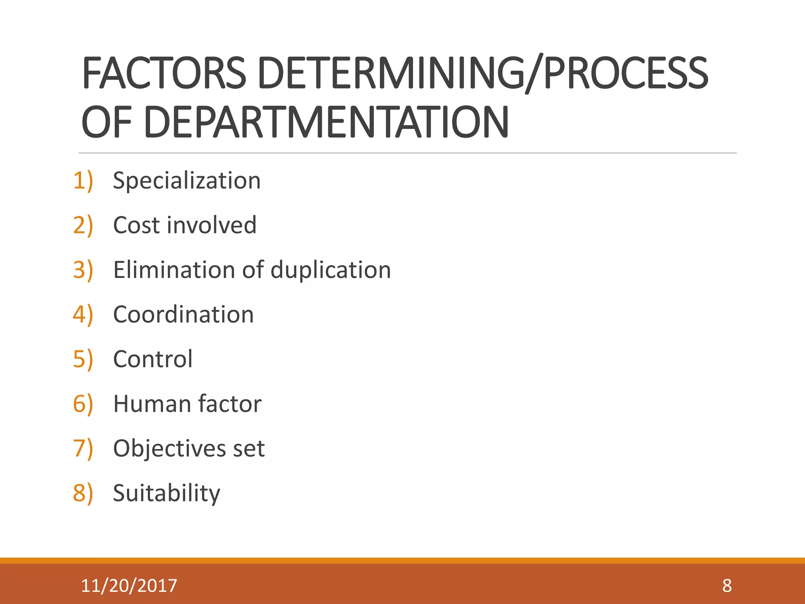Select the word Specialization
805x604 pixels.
(187, 181)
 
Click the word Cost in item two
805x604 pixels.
(136, 225)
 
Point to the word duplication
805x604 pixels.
(331, 270)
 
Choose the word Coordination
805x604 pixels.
(184, 315)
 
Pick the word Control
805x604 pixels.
(153, 359)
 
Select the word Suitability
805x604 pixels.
(167, 494)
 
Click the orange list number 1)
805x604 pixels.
(83, 181)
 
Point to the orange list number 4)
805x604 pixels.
(83, 315)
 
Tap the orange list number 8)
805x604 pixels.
(83, 493)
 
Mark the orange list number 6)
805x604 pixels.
(83, 404)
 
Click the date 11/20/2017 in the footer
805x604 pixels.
(129, 586)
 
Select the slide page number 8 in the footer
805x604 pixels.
(727, 586)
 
